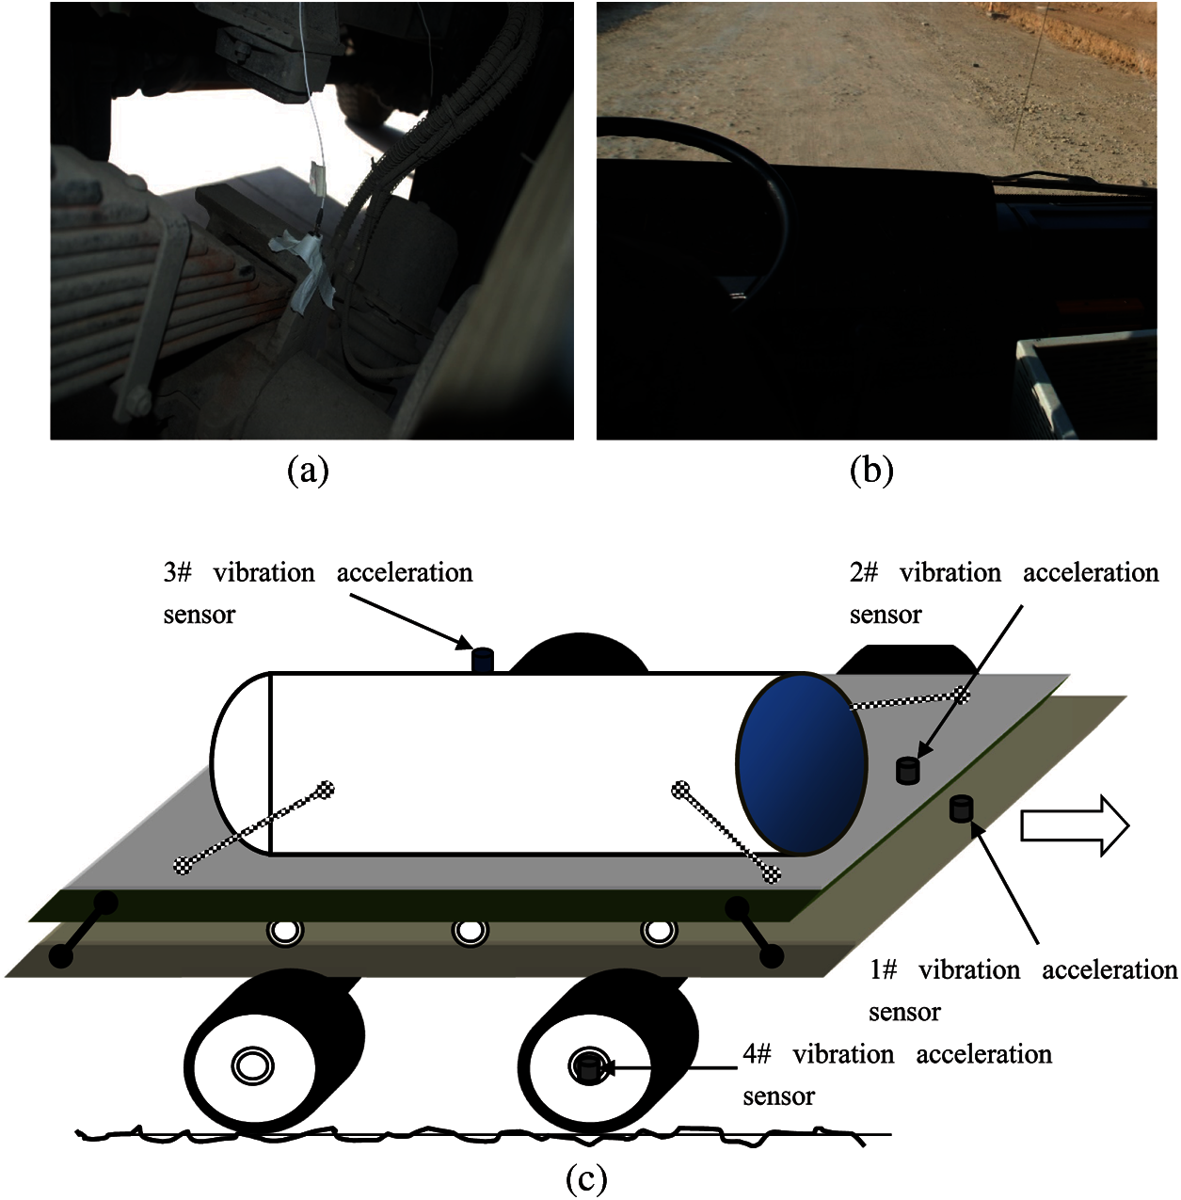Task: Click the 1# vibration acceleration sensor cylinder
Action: (x=961, y=808)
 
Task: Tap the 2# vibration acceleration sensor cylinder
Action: (x=907, y=770)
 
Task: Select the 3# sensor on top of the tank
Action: (x=482, y=661)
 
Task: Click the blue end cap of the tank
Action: (x=802, y=763)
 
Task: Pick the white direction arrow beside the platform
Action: (x=1075, y=825)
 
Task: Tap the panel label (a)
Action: (x=307, y=472)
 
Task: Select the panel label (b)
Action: (x=872, y=472)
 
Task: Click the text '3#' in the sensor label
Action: (x=178, y=572)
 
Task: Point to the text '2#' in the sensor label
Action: (x=865, y=572)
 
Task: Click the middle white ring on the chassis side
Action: (x=470, y=932)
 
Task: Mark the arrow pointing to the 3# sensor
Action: (x=410, y=619)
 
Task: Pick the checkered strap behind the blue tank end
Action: (x=910, y=699)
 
